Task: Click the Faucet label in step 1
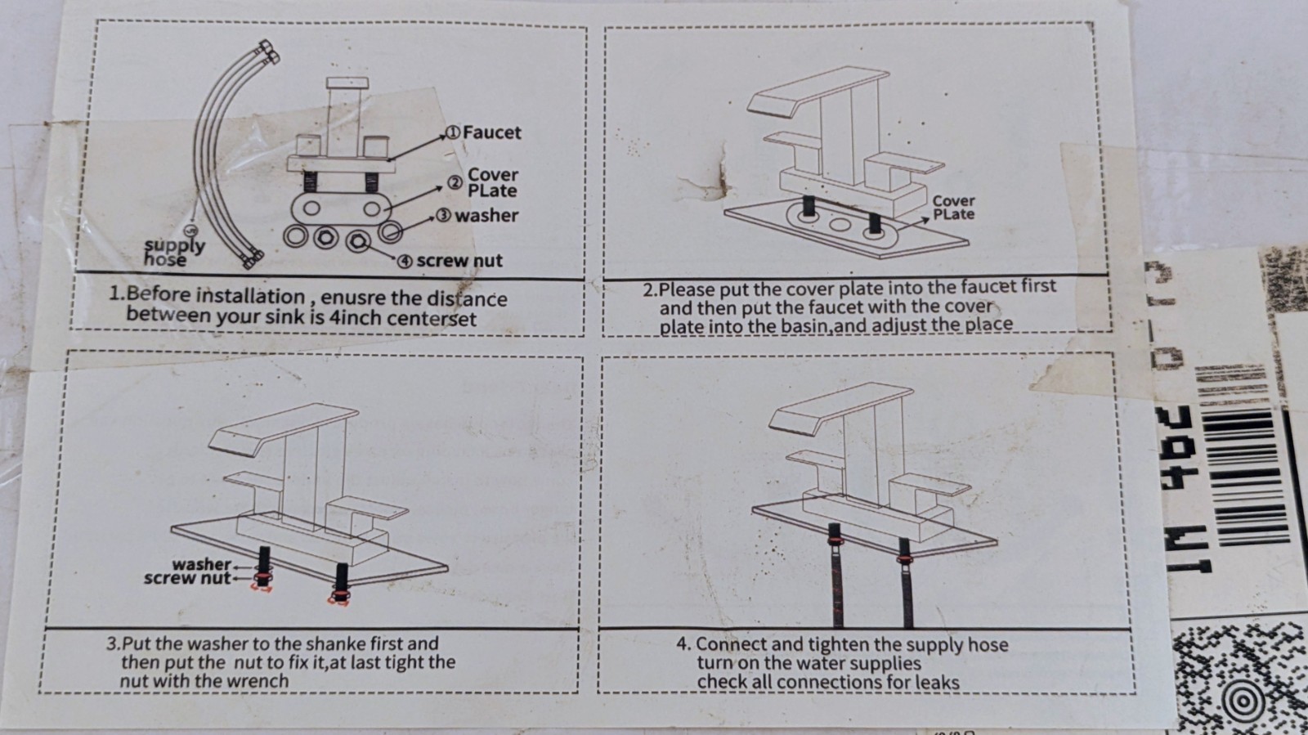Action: [x=491, y=132]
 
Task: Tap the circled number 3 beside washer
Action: [x=443, y=216]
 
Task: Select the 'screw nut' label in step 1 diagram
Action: [x=459, y=261]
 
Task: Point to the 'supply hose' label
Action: [x=173, y=252]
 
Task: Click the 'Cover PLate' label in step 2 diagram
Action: [x=953, y=207]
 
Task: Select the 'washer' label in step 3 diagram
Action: [x=201, y=564]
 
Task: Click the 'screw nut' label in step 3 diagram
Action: [x=187, y=578]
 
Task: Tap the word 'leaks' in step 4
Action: [x=937, y=682]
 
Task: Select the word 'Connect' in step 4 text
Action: [x=731, y=644]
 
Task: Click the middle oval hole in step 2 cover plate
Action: [x=839, y=223]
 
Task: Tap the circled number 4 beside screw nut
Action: [x=405, y=262]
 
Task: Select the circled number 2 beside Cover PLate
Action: [x=455, y=183]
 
